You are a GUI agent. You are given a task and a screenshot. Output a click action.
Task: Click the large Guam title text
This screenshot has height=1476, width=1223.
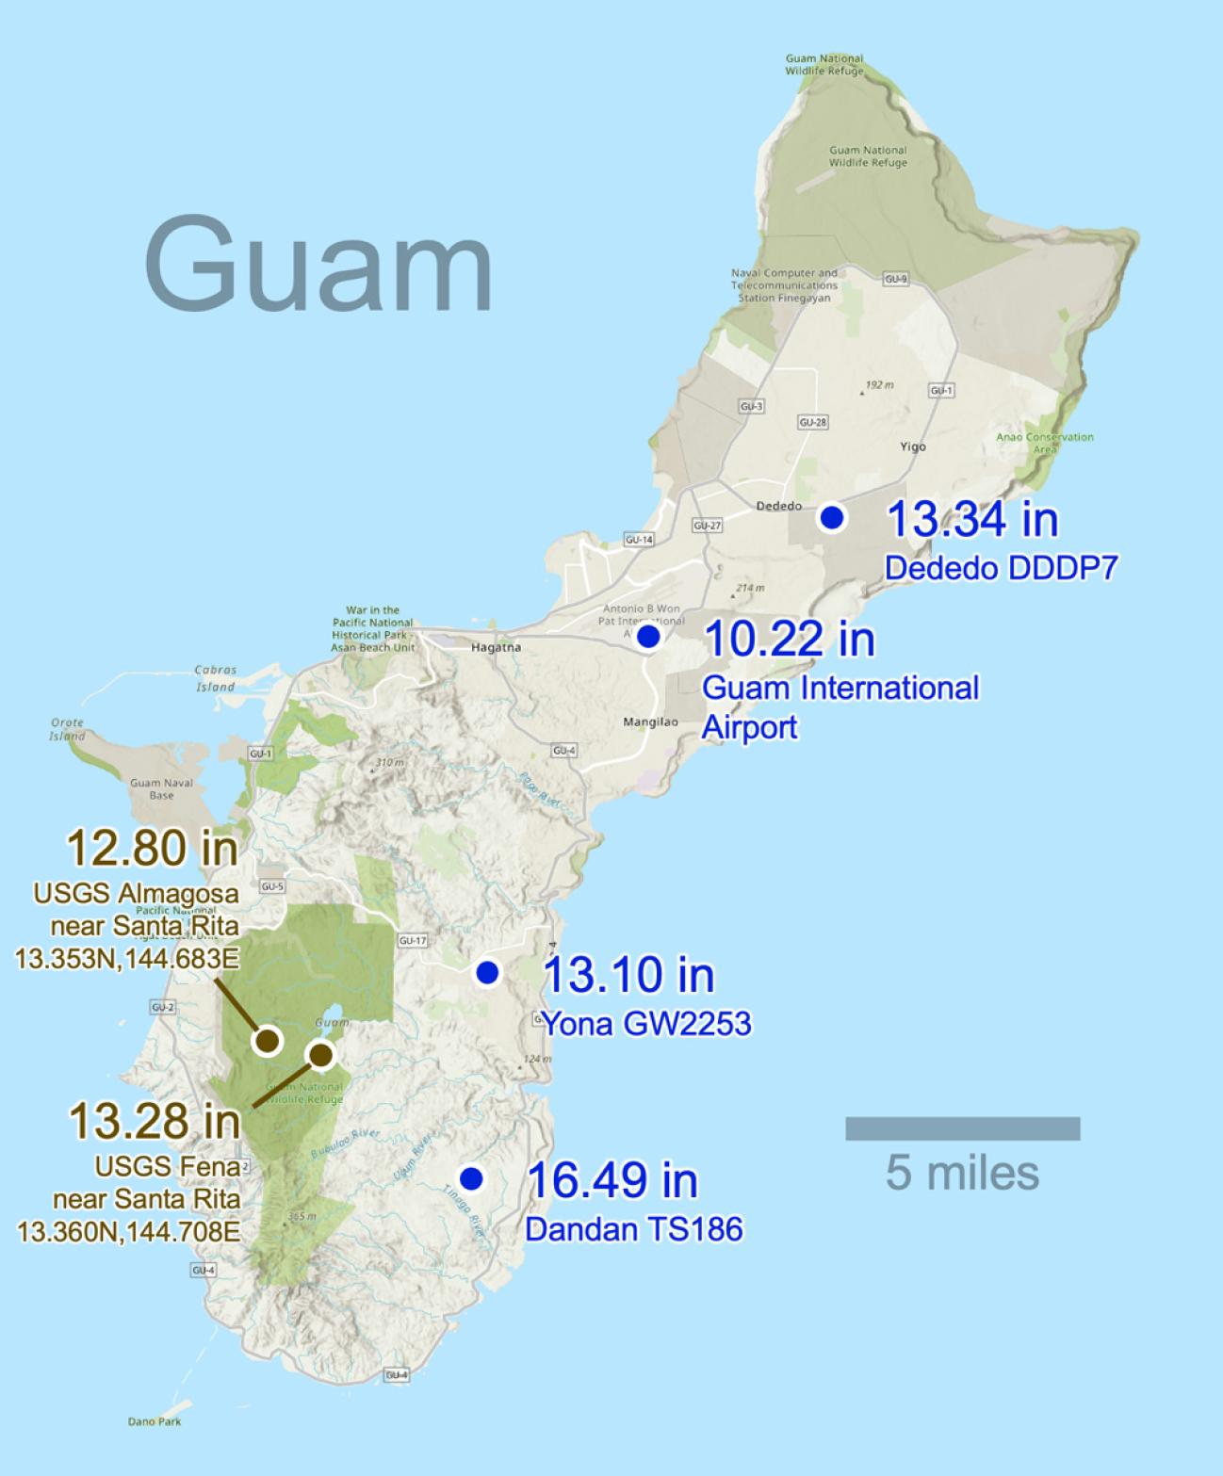318,266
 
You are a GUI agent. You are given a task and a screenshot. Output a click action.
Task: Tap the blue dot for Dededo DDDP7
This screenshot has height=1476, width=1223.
831,517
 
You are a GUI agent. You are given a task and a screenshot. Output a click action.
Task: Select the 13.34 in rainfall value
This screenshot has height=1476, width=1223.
972,519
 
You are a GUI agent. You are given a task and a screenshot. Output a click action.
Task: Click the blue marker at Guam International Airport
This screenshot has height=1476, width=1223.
648,637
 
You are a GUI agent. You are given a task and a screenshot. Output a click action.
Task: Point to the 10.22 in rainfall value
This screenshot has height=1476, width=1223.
789,639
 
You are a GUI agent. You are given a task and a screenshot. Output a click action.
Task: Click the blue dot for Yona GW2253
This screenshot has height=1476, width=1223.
487,972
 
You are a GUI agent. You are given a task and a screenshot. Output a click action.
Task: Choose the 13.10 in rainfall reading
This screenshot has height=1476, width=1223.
628,974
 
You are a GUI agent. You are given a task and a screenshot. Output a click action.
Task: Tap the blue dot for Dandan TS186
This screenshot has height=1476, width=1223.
471,1178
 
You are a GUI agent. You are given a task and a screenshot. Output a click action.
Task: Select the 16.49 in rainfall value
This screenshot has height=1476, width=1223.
612,1180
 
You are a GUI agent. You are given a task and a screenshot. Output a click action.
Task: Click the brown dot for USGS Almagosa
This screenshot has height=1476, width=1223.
269,1041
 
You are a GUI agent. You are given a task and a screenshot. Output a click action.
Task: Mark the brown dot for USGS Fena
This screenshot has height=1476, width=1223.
321,1055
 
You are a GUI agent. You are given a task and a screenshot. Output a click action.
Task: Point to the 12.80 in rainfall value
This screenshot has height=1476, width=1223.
152,848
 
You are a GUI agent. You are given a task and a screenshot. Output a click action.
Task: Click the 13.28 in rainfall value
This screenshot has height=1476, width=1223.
155,1121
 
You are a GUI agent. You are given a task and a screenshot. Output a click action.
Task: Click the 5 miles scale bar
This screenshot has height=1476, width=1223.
962,1128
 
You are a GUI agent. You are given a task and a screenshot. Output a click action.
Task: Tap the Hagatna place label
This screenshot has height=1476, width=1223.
496,647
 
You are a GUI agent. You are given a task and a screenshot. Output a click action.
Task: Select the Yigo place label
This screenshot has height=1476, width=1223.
912,446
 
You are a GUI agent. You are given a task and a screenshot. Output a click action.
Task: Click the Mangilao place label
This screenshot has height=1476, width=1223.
650,722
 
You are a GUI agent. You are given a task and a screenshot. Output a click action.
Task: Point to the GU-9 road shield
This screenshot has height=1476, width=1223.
895,279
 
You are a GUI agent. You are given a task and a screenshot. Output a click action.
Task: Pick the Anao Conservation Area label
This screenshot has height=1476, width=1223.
1045,443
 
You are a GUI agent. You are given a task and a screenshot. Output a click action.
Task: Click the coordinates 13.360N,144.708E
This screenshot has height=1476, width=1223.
128,1231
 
